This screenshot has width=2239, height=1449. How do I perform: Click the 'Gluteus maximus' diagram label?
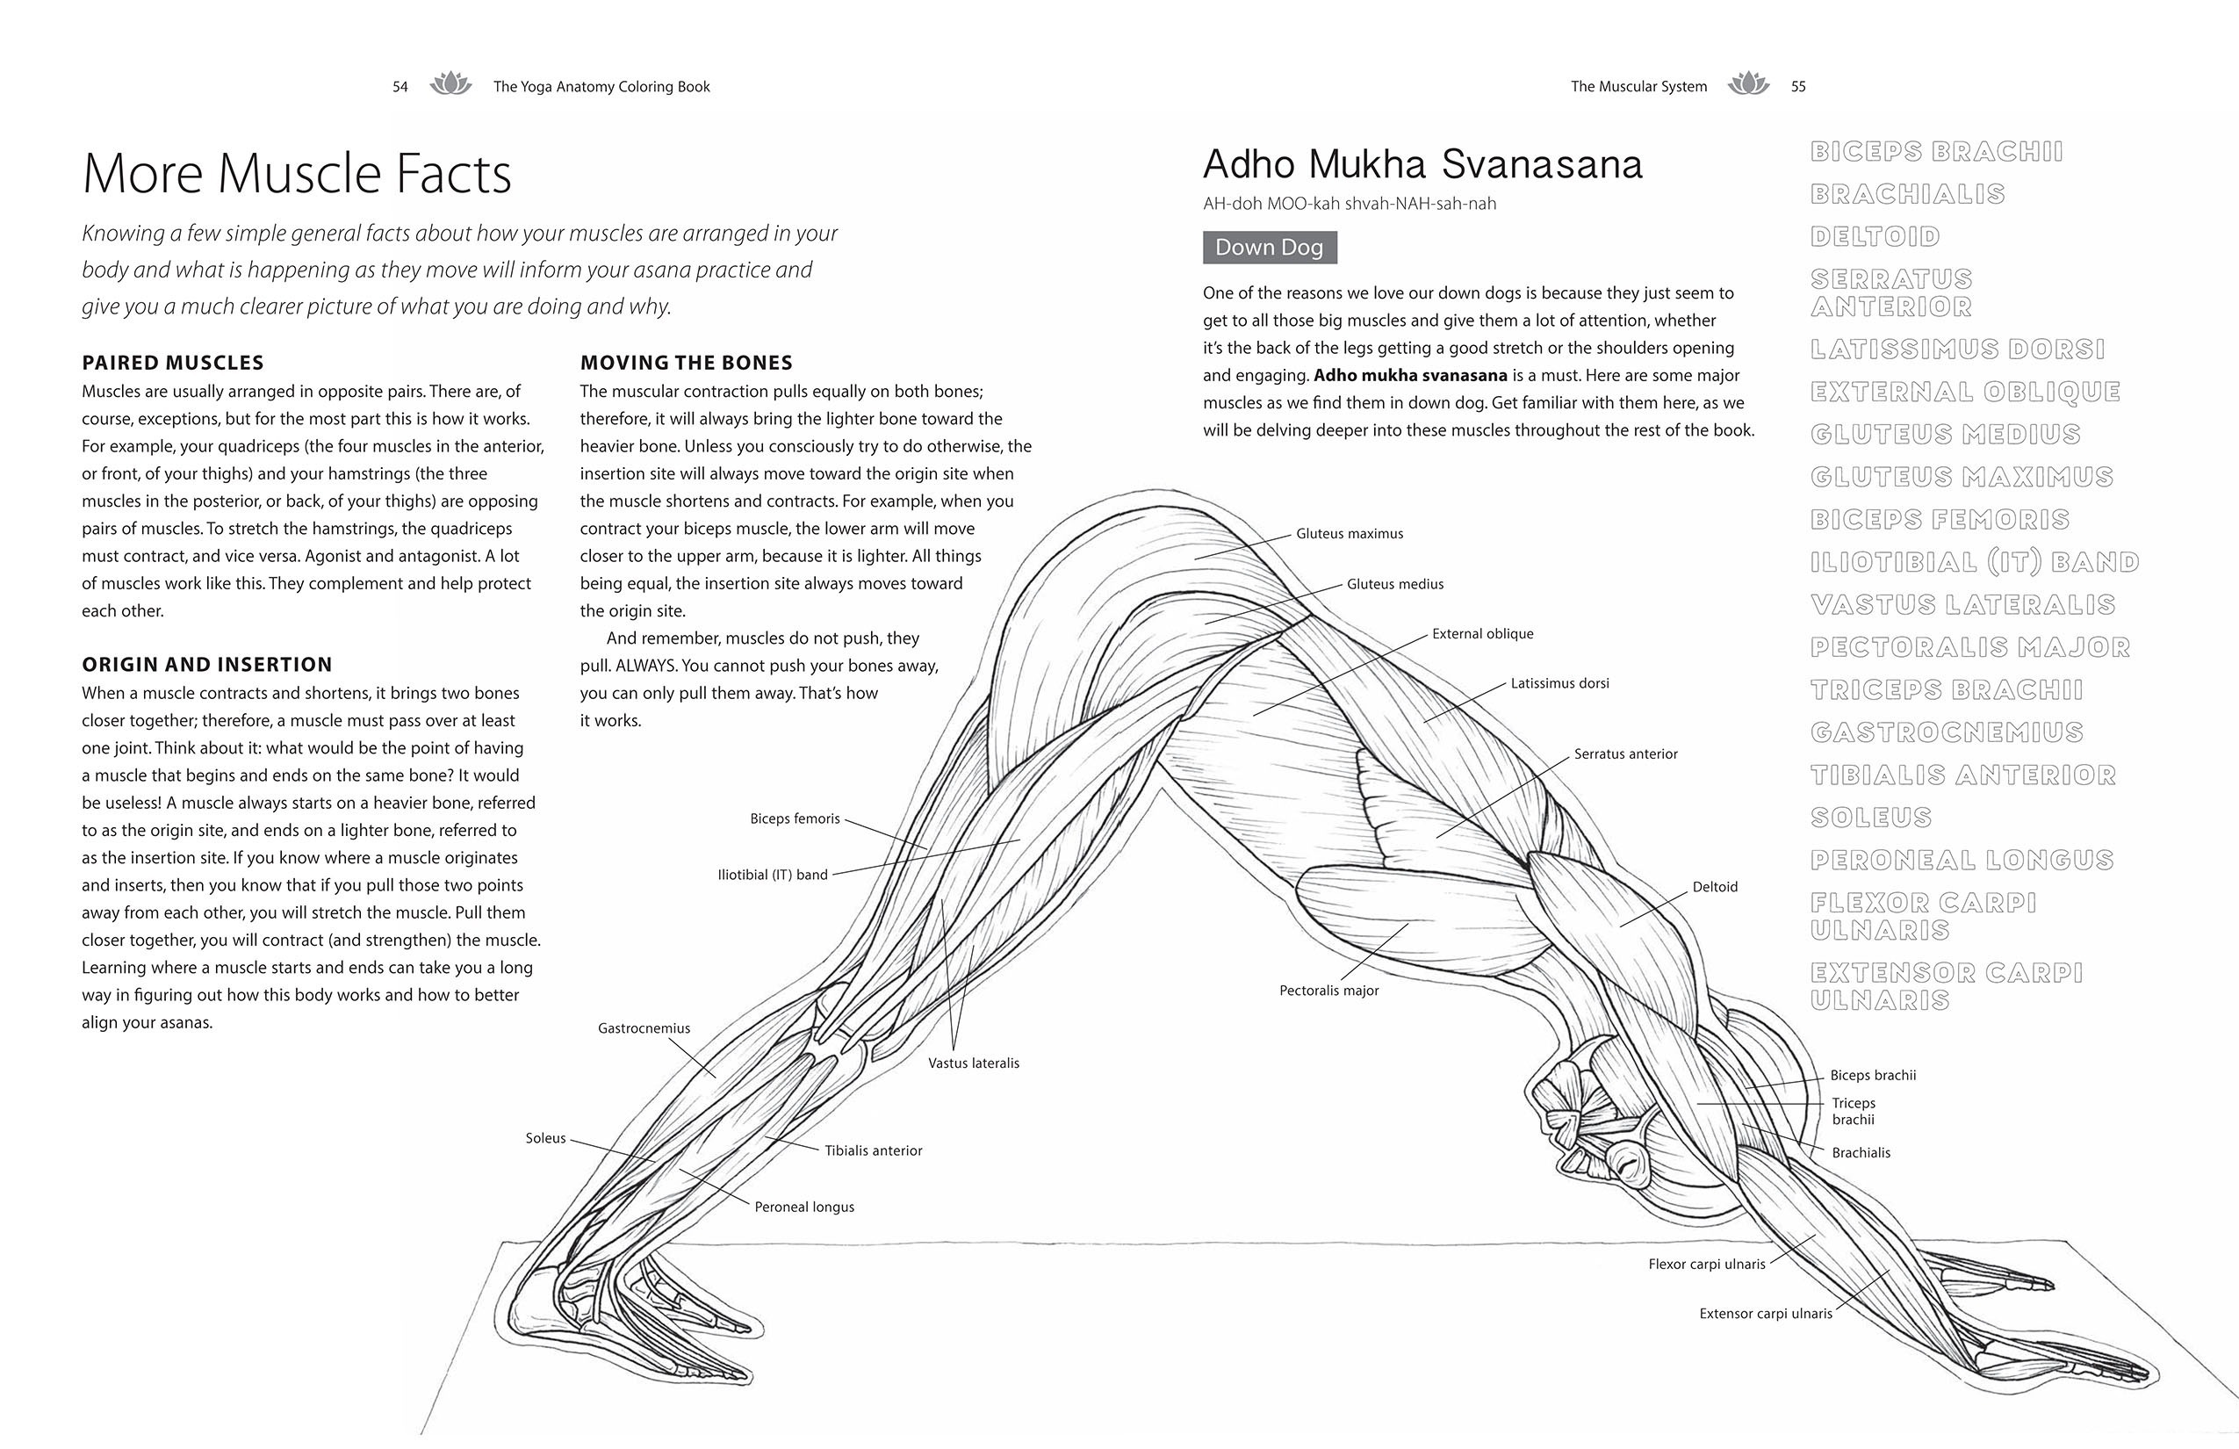tap(1349, 534)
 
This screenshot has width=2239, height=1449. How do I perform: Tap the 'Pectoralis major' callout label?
tap(1328, 991)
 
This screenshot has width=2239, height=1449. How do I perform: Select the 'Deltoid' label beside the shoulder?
tap(1714, 887)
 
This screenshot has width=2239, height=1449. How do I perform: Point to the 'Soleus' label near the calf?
tap(545, 1138)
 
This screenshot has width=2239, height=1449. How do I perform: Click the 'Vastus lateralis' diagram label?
tap(973, 1063)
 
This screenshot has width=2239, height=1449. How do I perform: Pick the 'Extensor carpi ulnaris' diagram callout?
tap(1765, 1314)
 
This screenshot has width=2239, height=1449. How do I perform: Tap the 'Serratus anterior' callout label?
tap(1624, 753)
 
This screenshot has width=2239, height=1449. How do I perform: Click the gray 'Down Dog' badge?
tap(1269, 248)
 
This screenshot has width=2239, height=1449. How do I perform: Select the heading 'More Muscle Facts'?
tap(298, 174)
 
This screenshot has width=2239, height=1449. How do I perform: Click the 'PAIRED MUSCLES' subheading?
tap(173, 364)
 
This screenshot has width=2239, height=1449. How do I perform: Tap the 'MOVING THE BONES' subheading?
tap(686, 364)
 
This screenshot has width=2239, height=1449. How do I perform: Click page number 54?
tap(400, 88)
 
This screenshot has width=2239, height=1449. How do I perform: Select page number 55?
tap(1798, 87)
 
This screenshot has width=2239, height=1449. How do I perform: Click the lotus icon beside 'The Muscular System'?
tap(1748, 84)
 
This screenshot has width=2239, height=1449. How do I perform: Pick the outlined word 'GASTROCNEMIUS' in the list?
tap(1947, 733)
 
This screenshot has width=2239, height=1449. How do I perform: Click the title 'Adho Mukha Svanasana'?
tap(1422, 165)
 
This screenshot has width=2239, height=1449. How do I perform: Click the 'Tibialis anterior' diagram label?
tap(873, 1150)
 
